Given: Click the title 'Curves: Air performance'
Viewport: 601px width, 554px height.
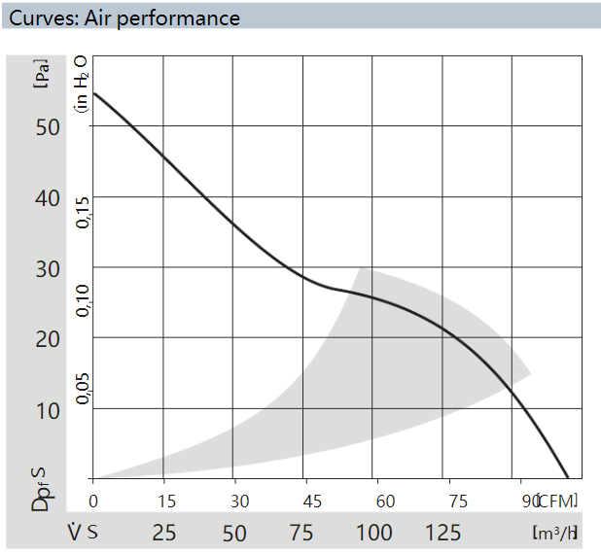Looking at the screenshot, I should (x=124, y=17).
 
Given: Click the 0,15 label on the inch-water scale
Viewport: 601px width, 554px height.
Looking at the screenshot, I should (x=84, y=212).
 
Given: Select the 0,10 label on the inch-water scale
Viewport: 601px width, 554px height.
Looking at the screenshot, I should (x=84, y=300).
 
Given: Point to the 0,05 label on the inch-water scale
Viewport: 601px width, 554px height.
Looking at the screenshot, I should (x=84, y=389).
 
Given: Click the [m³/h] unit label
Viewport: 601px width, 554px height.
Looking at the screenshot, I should (x=556, y=533).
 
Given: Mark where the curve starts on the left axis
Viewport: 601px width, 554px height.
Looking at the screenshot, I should (x=93, y=93).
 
